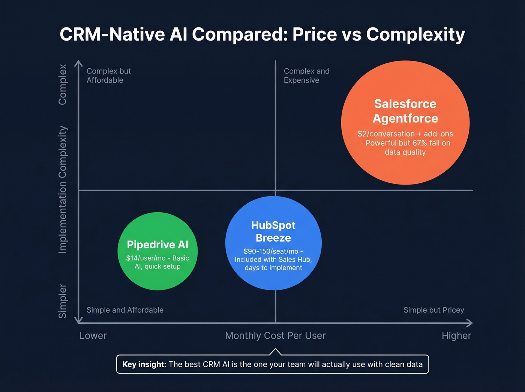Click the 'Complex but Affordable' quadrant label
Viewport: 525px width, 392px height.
click(108, 75)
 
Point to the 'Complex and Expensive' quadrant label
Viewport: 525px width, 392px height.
click(306, 75)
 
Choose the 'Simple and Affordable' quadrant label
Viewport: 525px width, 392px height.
click(125, 310)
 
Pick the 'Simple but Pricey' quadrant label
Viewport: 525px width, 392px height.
click(433, 310)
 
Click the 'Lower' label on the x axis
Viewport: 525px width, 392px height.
click(93, 335)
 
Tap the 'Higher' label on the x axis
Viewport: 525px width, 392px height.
click(456, 335)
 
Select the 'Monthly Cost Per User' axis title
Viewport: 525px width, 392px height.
click(275, 335)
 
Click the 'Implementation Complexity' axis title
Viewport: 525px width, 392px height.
click(63, 189)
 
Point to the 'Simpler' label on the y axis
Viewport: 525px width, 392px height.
click(63, 301)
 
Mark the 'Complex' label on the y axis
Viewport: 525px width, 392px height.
click(63, 84)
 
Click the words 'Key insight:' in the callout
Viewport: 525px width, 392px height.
click(144, 364)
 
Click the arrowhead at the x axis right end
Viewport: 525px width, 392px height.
click(469, 323)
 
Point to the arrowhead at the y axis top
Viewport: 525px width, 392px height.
click(78, 64)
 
